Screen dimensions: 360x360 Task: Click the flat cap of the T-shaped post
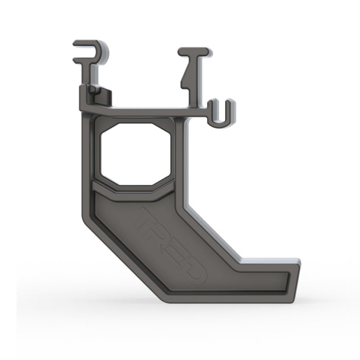pos(194,51)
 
